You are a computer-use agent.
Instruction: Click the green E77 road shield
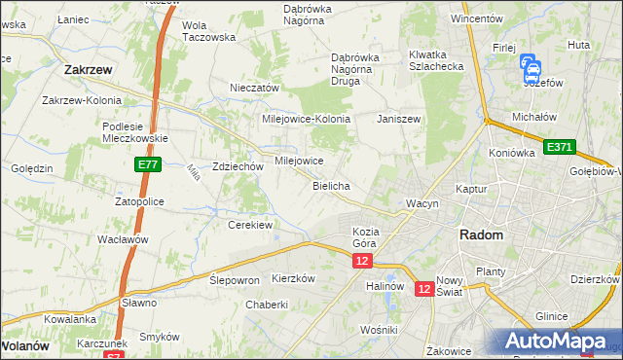tap(148, 166)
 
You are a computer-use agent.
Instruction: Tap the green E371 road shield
tap(560, 147)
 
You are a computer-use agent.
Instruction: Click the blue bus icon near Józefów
tap(531, 67)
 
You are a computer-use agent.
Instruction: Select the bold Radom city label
tap(481, 235)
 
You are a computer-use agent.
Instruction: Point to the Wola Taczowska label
tap(209, 31)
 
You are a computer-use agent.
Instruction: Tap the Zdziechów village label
tap(238, 166)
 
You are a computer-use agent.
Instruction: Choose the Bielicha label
tap(331, 185)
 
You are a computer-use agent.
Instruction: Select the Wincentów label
tap(476, 18)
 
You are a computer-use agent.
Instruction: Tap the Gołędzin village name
tap(31, 168)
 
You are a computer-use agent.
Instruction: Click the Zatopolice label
tap(139, 201)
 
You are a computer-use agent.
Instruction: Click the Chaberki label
tap(267, 304)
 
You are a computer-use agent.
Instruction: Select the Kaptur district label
tap(470, 189)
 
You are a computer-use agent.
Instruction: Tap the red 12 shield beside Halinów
tap(424, 289)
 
